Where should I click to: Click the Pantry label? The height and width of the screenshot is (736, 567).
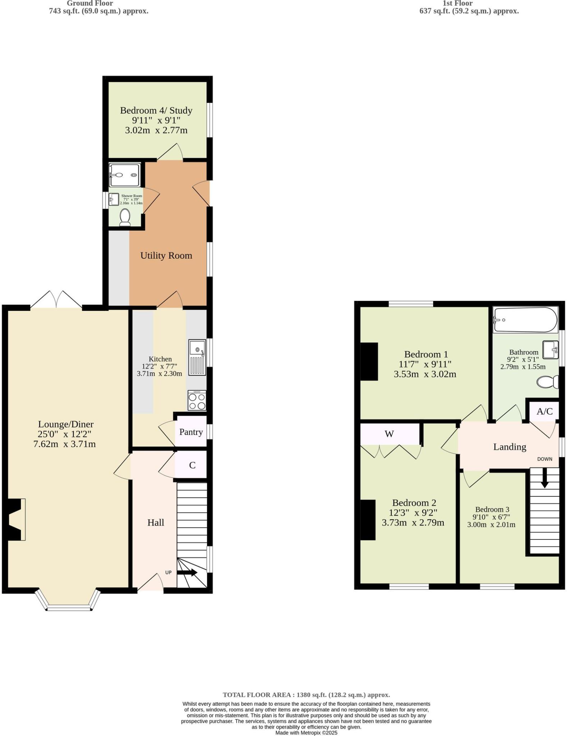coord(191,432)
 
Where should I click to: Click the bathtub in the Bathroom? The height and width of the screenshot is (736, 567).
coord(525,319)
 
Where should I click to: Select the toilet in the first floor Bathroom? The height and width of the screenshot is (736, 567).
coord(548,382)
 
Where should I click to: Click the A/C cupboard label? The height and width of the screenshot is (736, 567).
coord(544,411)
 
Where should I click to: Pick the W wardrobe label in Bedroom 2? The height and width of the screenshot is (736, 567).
coord(389,434)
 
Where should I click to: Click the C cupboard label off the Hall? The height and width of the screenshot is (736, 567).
coord(192,465)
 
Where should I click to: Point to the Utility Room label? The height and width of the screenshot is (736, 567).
coord(166,256)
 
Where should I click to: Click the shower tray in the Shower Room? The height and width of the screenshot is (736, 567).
coord(124,175)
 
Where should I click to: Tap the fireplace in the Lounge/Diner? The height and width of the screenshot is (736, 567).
coord(15,519)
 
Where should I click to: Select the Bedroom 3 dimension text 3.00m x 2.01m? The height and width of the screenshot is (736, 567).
coord(491,525)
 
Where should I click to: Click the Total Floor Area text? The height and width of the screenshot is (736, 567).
coord(306,695)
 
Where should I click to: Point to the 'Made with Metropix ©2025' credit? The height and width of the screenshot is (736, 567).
coord(306,733)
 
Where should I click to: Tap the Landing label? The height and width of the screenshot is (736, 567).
coord(509,447)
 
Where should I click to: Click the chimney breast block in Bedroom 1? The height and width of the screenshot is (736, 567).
coord(369,361)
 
